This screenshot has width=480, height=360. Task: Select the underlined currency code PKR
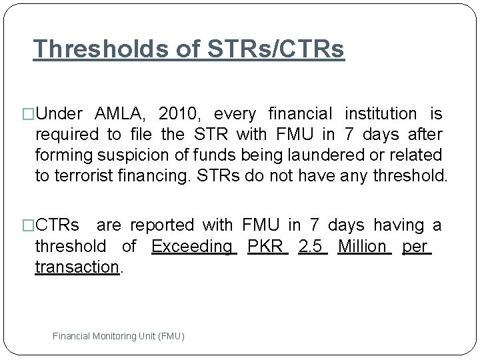(x=265, y=247)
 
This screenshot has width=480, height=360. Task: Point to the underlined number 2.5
(x=312, y=247)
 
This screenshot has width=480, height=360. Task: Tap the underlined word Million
(x=363, y=247)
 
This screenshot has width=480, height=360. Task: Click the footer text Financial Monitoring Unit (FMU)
(x=118, y=337)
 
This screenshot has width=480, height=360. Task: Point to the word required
(x=67, y=133)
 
